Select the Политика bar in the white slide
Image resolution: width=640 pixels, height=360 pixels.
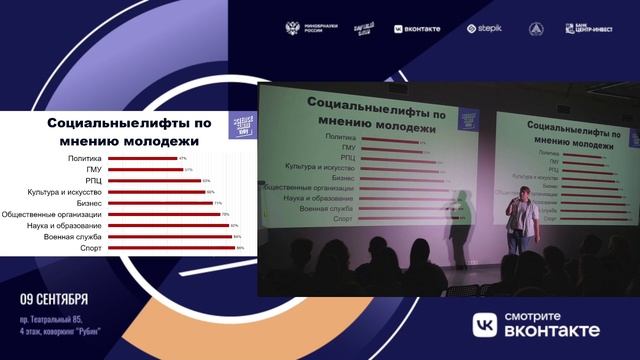(x=141, y=158)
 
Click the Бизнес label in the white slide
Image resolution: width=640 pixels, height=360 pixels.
(x=86, y=203)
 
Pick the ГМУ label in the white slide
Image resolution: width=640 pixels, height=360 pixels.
(x=93, y=170)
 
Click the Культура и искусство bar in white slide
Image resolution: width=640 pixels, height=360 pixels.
(x=156, y=192)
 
